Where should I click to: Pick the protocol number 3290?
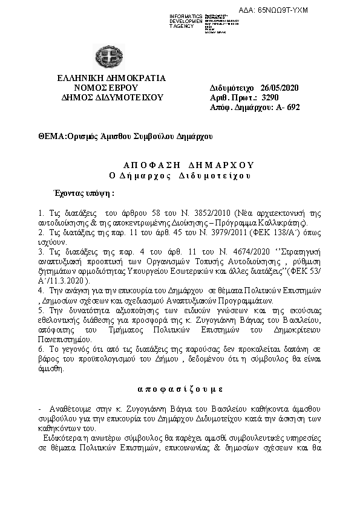(x=269, y=97)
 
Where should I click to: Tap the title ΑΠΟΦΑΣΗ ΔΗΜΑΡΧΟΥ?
(x=180, y=164)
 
